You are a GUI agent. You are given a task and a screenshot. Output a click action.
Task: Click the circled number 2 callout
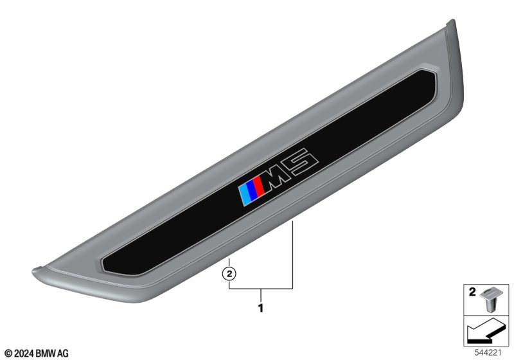point(229,273)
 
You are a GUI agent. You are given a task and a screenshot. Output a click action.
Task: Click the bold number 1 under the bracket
point(261,309)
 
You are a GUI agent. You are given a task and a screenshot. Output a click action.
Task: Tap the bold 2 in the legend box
point(472,292)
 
